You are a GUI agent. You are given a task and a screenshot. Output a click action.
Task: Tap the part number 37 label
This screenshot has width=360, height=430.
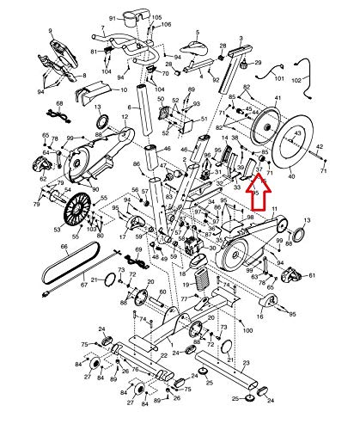(x=258, y=170)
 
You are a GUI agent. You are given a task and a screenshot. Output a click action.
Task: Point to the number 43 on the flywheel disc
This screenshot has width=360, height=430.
(x=298, y=135)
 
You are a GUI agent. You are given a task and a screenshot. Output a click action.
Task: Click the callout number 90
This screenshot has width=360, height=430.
(x=95, y=188)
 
